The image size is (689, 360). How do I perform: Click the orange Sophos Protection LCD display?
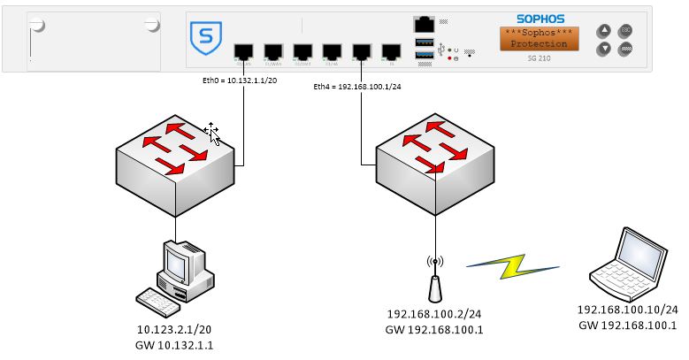[x=539, y=38]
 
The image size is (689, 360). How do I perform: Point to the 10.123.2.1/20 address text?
[x=175, y=330]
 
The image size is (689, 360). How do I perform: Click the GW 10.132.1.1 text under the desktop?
[x=175, y=344]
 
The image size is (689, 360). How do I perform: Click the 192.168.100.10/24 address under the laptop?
[x=627, y=310]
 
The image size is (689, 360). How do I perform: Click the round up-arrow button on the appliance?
[x=604, y=29]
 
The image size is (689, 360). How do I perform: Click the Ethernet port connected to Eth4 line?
[x=362, y=52]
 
